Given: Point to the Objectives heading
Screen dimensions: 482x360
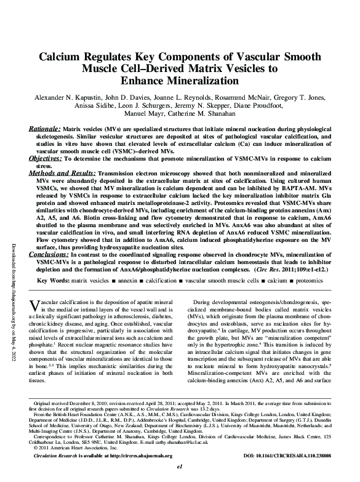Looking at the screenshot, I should [46, 158].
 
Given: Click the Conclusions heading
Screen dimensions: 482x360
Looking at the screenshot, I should [48, 253].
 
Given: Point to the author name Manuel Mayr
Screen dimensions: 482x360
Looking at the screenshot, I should [146, 114].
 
